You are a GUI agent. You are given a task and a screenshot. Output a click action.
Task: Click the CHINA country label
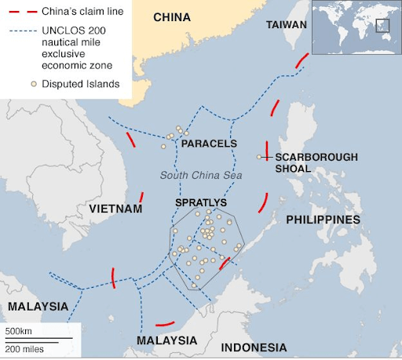[x=172, y=17]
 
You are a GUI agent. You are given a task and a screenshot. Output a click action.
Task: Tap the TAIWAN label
[x=287, y=25]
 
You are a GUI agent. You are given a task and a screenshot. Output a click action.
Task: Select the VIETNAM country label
[x=115, y=209]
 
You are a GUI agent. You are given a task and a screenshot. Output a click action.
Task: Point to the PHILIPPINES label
[x=323, y=220]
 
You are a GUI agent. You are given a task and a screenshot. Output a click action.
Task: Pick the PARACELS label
[x=208, y=144]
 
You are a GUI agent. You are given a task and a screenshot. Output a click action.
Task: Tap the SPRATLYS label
[x=200, y=202]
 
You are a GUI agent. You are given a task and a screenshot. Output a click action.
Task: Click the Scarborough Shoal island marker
[x=259, y=157]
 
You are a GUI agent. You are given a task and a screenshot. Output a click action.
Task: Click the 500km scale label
[x=19, y=329]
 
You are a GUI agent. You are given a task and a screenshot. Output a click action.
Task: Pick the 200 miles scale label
[x=24, y=347]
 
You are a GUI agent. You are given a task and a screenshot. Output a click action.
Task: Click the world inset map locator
[x=356, y=27]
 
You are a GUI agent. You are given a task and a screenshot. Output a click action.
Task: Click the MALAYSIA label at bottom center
[x=166, y=341]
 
